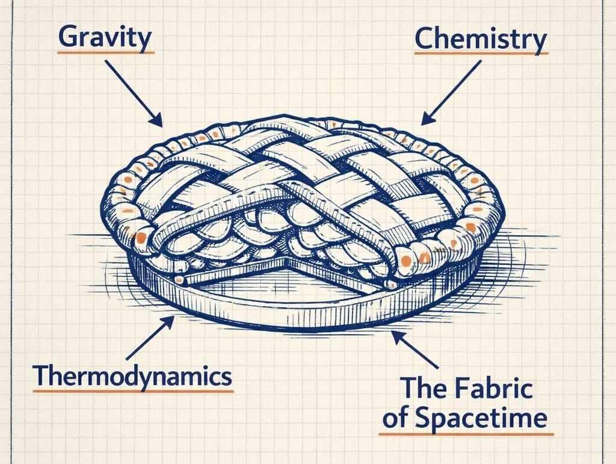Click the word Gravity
tap(105, 37)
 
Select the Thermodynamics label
tap(132, 376)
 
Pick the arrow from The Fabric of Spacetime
tap(416, 349)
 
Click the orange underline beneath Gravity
tap(105, 53)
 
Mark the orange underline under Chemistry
tap(481, 54)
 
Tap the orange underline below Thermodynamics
tap(132, 391)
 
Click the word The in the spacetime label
tap(420, 389)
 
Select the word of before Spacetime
tap(394, 419)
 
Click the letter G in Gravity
tap(70, 38)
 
